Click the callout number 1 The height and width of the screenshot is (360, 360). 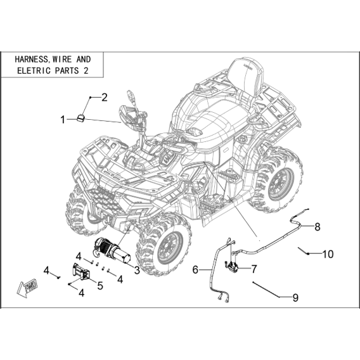point(63,120)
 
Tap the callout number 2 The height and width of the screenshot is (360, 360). point(104,98)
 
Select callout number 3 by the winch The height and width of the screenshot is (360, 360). point(137,270)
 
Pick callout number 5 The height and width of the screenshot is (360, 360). point(100,286)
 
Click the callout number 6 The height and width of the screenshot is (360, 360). point(195,269)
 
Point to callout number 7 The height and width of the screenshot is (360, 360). point(254,269)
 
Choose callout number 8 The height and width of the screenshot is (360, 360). point(318,227)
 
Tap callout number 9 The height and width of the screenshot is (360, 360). point(295,298)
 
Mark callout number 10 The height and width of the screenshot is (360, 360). point(328,254)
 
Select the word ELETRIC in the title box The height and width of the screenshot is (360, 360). point(34,70)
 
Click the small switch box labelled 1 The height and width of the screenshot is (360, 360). point(80,117)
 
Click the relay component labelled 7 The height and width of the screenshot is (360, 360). point(232,267)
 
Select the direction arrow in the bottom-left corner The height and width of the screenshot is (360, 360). point(27,288)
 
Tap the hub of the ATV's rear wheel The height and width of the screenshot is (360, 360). point(280,184)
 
